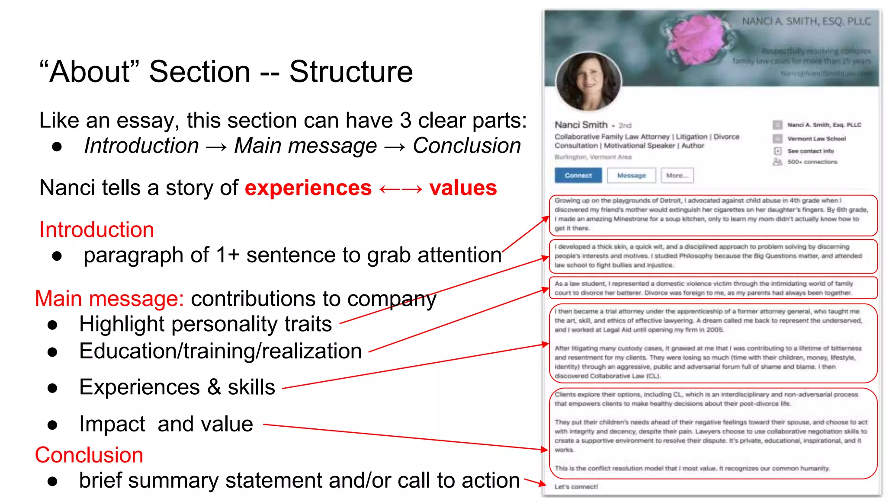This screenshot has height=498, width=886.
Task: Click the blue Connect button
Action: coord(578,176)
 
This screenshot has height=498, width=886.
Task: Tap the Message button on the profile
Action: coord(631,176)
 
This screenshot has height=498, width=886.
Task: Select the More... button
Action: coord(677,176)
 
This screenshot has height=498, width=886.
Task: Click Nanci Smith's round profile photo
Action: coord(588,82)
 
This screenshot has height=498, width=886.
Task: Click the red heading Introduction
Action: coord(96,230)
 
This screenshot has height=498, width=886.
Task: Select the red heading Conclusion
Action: coord(89,455)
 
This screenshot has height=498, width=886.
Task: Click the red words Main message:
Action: coord(109,299)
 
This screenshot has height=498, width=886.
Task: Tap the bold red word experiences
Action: coord(308,188)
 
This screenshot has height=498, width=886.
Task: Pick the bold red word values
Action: coord(463,188)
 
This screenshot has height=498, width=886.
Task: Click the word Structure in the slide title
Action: coord(351,72)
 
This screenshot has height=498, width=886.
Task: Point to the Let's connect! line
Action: coord(576,487)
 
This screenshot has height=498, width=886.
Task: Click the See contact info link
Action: coord(810,151)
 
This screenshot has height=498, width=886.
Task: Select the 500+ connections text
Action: coord(812,162)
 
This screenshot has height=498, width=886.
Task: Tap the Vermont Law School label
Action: coord(816,139)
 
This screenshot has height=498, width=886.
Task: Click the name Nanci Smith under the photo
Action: coord(581,125)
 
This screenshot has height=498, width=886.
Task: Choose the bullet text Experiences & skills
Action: coord(177,387)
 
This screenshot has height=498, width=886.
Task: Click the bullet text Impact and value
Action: coord(166,424)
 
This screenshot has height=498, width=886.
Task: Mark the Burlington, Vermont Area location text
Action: coord(593,157)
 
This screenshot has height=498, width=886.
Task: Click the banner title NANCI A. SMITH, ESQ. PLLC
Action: coord(806,21)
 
